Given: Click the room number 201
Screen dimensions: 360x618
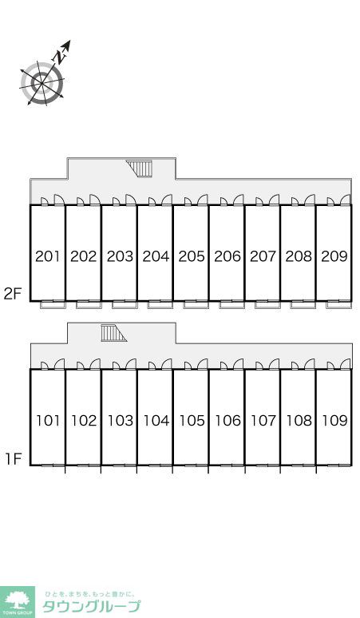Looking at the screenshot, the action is (48, 256).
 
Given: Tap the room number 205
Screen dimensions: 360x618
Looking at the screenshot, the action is (192, 256).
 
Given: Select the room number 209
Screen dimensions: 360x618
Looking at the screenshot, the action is (334, 256).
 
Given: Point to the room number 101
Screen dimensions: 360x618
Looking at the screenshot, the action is (48, 421).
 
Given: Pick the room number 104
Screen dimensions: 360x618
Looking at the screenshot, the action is (156, 421).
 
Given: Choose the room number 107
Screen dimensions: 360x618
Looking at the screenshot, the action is (263, 421).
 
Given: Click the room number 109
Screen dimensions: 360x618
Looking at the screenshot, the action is (334, 421).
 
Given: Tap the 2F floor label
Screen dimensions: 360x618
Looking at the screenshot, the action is (12, 294).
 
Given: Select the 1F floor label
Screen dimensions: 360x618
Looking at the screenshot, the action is (13, 458).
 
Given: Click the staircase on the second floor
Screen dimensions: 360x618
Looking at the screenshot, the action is (140, 168).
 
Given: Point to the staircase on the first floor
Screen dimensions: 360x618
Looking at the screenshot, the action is (113, 333).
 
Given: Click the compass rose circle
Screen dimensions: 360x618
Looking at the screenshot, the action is (42, 83).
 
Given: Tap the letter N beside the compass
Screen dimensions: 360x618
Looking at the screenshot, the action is (60, 58).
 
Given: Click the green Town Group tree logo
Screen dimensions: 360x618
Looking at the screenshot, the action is (17, 602).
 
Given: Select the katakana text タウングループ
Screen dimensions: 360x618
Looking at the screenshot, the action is (91, 606).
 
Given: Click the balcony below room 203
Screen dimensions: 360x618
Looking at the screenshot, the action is (124, 305).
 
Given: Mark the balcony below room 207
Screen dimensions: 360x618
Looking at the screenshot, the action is (267, 305).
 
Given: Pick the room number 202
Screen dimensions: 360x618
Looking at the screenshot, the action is (84, 256).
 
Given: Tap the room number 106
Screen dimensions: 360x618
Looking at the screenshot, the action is (227, 421).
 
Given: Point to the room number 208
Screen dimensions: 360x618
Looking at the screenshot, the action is (299, 256).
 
